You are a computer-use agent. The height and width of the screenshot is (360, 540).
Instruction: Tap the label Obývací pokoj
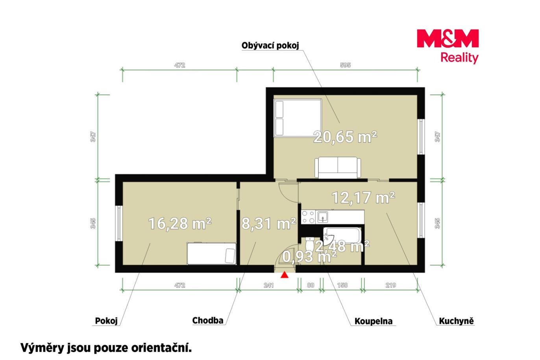coord(270,45)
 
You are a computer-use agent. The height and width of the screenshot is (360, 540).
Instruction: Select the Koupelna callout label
coord(374,321)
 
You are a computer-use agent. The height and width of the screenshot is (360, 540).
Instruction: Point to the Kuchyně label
coord(456,321)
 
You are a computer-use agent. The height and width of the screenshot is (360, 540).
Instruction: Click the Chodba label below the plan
coord(208,321)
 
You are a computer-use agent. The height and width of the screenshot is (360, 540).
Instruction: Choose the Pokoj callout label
coord(106,321)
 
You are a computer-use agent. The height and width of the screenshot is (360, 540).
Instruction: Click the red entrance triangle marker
coord(285,275)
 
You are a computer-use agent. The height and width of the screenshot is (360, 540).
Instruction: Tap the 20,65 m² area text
coord(345,137)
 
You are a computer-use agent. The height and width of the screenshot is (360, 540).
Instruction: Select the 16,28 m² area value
coord(179,223)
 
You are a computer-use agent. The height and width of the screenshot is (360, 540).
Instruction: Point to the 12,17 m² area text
coord(363,197)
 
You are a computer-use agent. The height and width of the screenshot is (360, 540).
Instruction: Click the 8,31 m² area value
coord(268,223)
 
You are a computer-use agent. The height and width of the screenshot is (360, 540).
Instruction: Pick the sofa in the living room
coord(338,168)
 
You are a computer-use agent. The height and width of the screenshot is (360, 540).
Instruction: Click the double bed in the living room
coord(298,118)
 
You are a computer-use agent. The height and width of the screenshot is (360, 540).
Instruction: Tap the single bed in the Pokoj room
coord(211,253)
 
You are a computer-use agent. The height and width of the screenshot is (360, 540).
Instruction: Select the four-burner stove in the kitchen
coord(308,217)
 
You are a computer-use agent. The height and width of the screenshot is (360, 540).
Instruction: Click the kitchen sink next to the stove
coord(323,217)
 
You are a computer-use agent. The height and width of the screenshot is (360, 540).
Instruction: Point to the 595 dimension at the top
coord(345,65)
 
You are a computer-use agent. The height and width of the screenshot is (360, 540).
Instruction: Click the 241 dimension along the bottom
coord(268,285)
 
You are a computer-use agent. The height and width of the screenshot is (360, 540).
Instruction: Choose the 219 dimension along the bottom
coord(390,285)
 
